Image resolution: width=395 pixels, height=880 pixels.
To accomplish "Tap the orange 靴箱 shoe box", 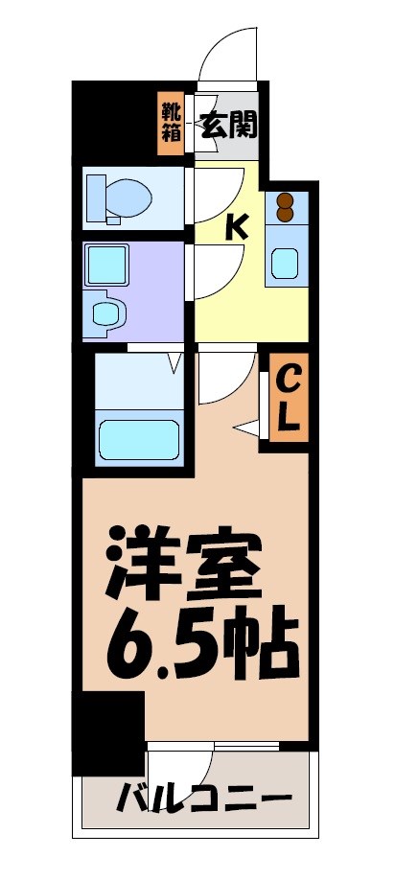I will tap(171, 123).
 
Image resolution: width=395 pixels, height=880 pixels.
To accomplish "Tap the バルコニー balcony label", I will tap(203, 798).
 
